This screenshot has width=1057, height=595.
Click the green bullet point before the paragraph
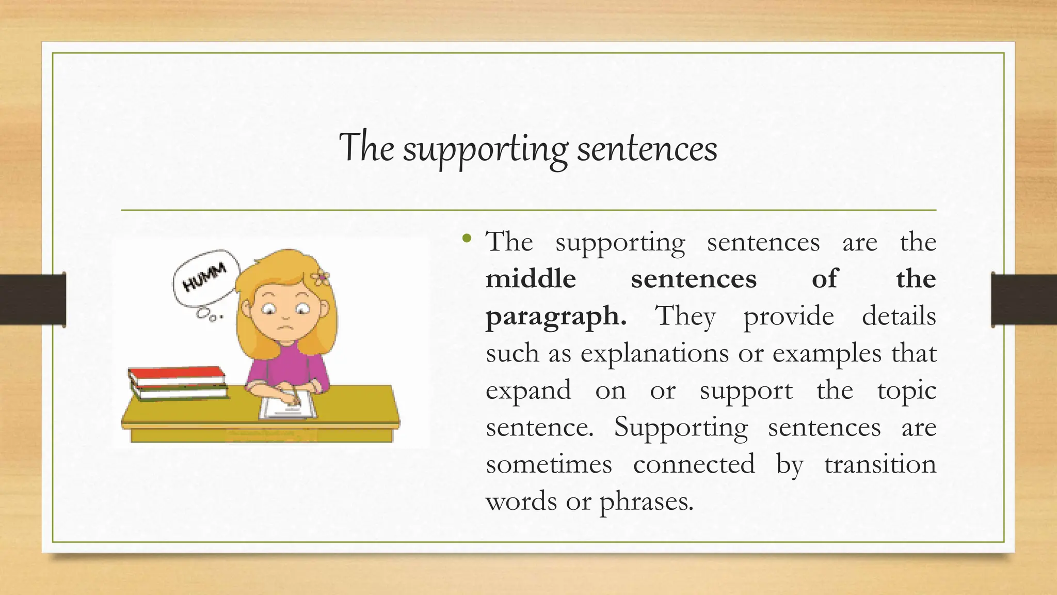(467, 239)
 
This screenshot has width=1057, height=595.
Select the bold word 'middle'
(531, 279)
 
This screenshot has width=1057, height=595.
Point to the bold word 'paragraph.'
(556, 317)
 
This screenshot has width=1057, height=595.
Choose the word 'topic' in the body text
(906, 390)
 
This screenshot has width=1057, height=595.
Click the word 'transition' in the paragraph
(880, 464)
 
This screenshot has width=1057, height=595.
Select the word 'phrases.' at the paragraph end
(646, 502)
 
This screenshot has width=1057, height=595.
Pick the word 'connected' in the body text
(694, 464)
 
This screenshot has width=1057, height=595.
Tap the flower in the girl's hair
(321, 278)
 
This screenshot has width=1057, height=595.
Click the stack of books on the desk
(178, 383)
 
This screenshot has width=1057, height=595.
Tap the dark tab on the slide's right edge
(1024, 300)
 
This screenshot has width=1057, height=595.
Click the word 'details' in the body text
(899, 316)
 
